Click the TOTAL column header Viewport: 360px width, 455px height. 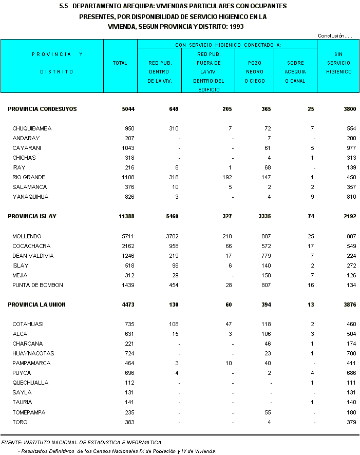pos(120,63)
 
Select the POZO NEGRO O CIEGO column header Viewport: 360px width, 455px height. pos(254,72)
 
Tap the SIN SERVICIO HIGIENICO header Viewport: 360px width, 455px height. pos(338,63)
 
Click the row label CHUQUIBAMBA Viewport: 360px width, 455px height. pos(32,128)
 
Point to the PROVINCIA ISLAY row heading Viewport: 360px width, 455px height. pos(32,217)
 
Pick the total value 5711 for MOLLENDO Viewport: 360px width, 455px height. pos(127,236)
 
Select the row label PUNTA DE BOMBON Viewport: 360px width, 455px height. pos(37,285)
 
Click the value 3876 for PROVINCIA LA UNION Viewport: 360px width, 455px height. pos(349,305)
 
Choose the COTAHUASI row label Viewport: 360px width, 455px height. pos(28,325)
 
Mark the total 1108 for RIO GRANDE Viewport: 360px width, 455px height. pos(127,178)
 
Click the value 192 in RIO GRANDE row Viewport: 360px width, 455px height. pos(228,178)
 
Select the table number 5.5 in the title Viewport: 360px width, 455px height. pos(64,6)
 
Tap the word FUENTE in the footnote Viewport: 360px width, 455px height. pos(11,442)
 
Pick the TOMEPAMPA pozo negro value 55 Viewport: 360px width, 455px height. pos(267,412)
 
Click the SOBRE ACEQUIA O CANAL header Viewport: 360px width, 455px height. pos(295,72)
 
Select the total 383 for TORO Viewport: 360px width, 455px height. pos(128,422)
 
